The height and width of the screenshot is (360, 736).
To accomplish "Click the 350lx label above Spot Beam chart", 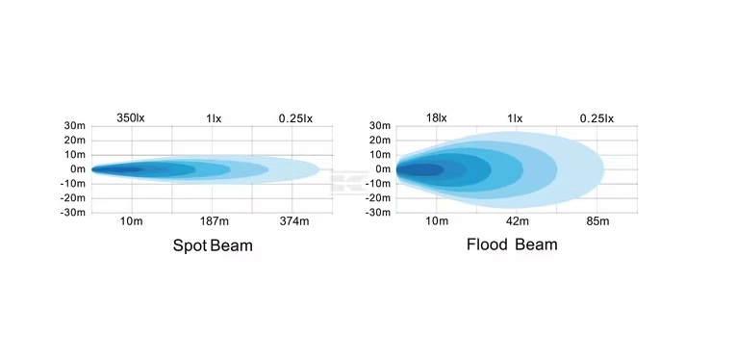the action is tap(131, 118).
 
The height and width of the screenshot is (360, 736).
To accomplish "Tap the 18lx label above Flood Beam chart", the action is tap(437, 118).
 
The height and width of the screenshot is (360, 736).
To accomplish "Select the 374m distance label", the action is tap(294, 221).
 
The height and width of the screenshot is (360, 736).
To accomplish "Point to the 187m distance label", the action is tap(214, 221).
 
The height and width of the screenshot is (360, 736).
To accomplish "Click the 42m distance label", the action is tap(518, 221).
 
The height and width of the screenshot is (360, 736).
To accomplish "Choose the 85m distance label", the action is tap(598, 221).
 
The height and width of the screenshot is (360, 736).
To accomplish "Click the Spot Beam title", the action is tap(213, 245).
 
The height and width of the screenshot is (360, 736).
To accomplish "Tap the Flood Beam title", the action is tap(512, 244).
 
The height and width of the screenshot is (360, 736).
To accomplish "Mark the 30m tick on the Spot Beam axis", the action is tap(75, 126).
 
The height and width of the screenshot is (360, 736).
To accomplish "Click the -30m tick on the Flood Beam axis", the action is tap(378, 213).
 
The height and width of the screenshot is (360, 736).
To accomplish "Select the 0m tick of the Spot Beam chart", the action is tap(78, 169).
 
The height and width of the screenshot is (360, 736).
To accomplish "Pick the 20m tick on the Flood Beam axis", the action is tap(380, 140).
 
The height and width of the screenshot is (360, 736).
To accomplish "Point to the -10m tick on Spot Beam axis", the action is tap(73, 184).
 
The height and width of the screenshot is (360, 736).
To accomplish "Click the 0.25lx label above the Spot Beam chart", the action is tap(295, 118).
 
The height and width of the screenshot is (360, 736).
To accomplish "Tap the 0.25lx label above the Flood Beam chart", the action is tap(596, 118).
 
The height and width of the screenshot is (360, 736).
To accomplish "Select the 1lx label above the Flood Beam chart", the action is tap(515, 118).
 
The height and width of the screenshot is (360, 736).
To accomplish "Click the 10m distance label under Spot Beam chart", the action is tap(132, 221).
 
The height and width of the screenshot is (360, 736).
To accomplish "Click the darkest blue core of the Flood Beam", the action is tap(419, 169).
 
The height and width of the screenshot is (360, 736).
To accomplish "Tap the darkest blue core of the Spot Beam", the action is tap(116, 169).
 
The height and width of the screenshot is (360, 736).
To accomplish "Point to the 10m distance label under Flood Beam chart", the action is tap(437, 221).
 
